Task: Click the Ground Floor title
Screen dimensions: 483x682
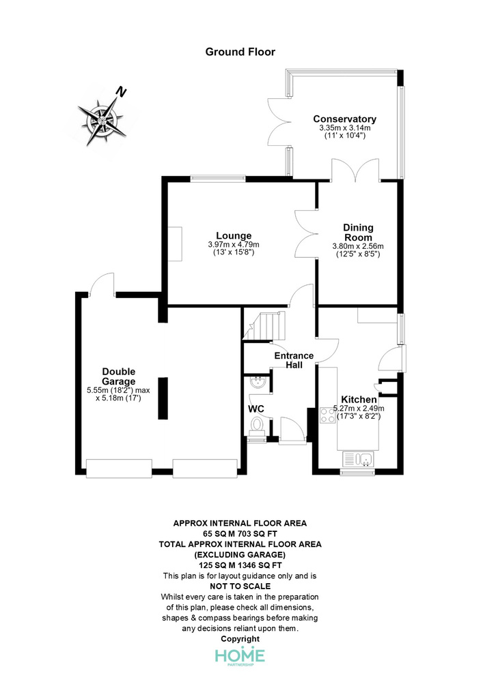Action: tap(240, 53)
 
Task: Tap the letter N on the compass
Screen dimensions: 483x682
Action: tap(121, 92)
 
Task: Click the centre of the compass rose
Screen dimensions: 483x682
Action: tap(101, 121)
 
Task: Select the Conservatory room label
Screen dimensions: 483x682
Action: tap(344, 119)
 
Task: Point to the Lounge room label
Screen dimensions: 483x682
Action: tap(234, 236)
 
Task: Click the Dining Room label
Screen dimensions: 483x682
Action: tap(358, 233)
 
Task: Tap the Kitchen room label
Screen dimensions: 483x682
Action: tap(359, 399)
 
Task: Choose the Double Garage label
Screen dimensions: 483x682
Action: tap(118, 376)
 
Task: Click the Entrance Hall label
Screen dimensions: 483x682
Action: tap(294, 361)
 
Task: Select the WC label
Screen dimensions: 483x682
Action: tap(256, 409)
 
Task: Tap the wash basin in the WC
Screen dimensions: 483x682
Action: tap(258, 383)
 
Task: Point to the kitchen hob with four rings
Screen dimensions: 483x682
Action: tap(327, 415)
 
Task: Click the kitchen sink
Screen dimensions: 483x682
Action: tap(359, 459)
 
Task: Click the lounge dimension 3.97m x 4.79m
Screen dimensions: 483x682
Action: tap(234, 245)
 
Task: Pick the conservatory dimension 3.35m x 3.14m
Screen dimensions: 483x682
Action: tap(345, 128)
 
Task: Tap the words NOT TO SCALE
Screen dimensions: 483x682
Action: tap(240, 587)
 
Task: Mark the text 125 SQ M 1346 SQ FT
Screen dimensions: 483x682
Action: tap(240, 565)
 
